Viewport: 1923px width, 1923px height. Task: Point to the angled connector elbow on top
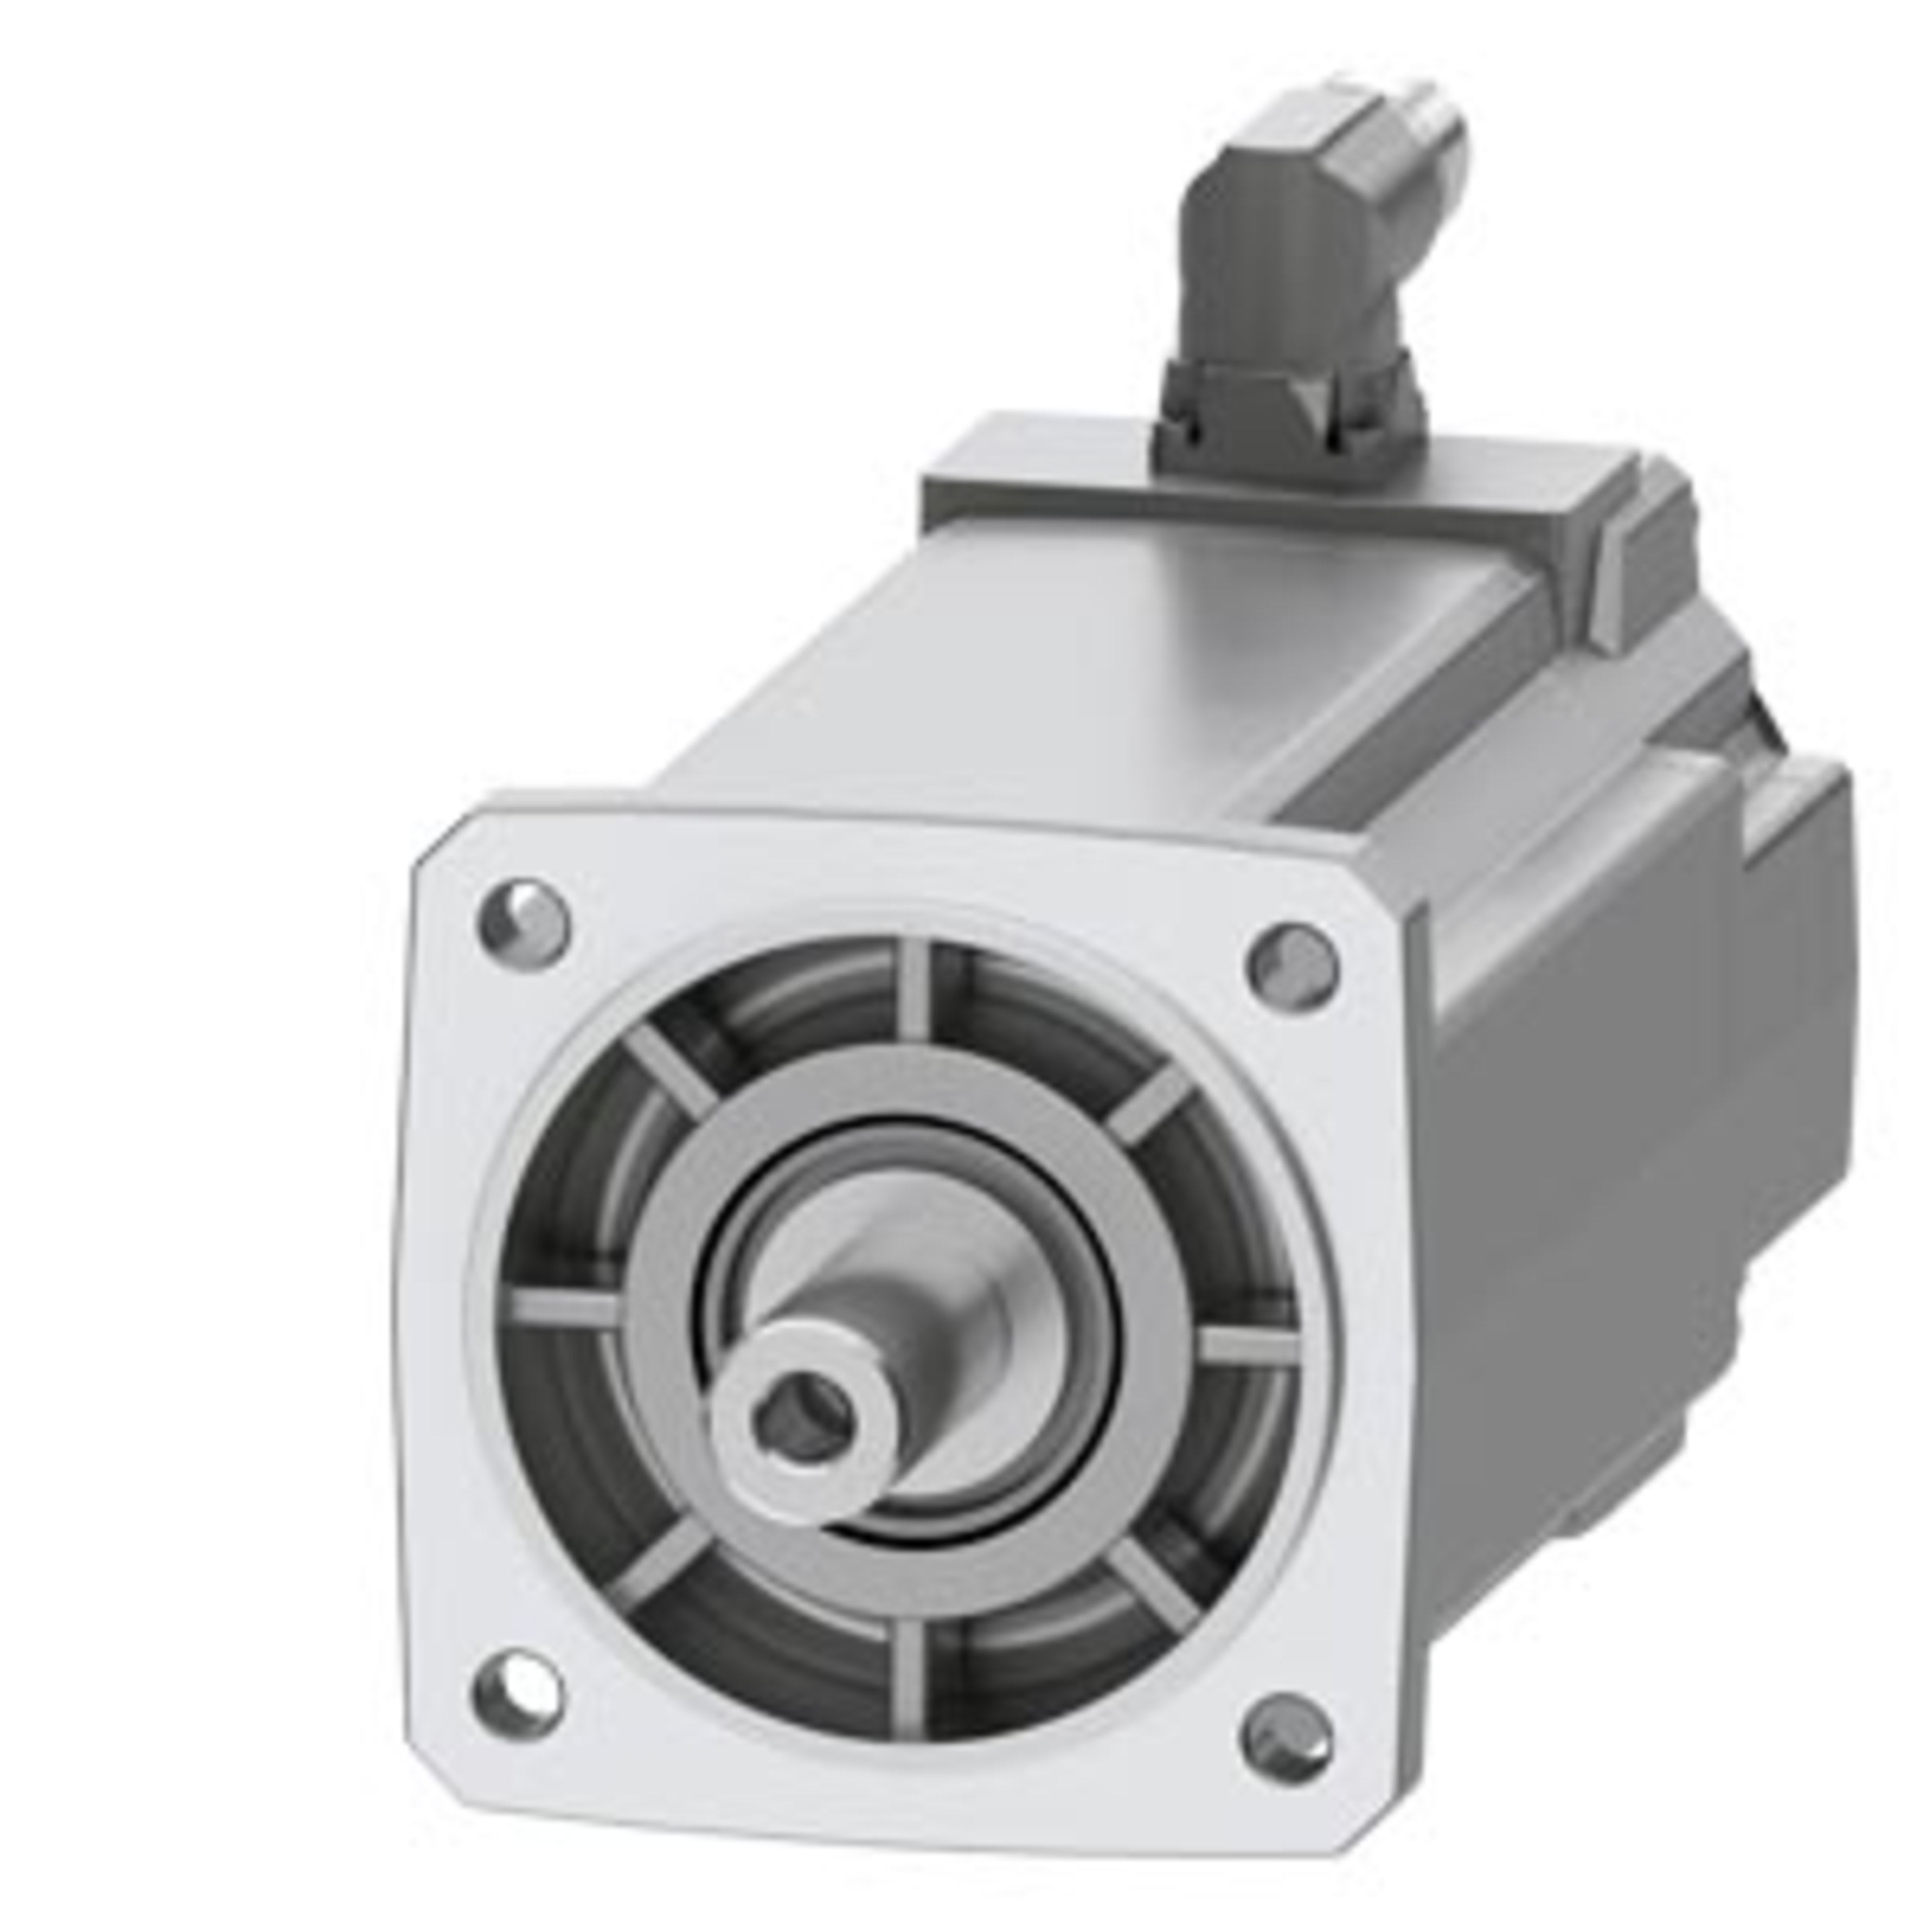(1284, 269)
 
